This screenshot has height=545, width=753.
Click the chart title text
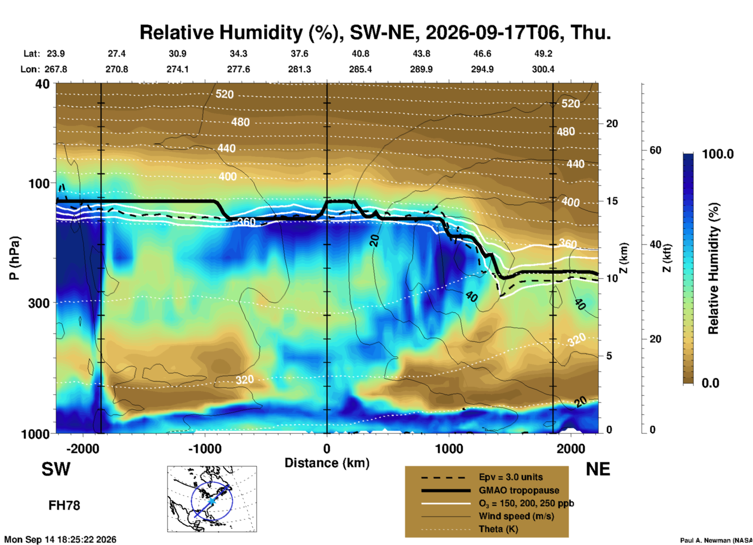point(375,32)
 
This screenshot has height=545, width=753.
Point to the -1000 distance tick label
point(205,448)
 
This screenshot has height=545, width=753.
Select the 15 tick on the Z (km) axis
point(612,201)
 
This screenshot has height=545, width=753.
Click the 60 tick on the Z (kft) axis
point(655,150)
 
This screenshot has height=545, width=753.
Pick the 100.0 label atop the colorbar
point(718,154)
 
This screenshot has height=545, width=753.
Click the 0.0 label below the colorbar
point(710,383)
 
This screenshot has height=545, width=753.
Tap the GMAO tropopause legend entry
point(519,490)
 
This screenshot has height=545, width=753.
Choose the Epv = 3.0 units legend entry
point(511,477)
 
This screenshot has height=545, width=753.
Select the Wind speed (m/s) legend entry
point(516,516)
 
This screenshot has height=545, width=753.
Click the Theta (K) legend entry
point(498,529)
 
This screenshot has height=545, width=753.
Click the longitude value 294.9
point(482,69)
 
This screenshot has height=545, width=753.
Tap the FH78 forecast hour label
point(64,506)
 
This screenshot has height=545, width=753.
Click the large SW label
point(56,469)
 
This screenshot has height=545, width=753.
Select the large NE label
point(598,469)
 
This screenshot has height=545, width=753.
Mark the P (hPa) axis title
point(14,258)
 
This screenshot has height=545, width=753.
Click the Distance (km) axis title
point(327,463)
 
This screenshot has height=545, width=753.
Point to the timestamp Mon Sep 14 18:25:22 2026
point(60,540)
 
